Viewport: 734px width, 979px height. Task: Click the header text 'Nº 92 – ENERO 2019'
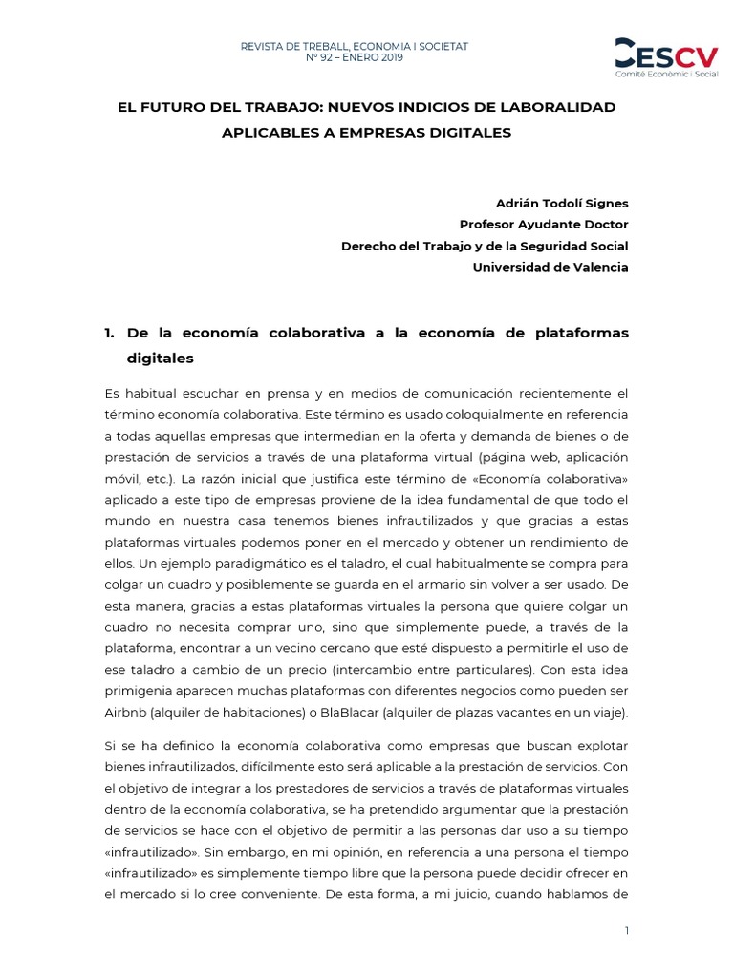pyautogui.click(x=354, y=58)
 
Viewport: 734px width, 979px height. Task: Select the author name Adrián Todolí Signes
pyautogui.click(x=562, y=202)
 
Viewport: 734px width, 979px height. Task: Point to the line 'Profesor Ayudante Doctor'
pyautogui.click(x=544, y=224)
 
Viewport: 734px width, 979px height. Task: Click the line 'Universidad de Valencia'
pyautogui.click(x=550, y=267)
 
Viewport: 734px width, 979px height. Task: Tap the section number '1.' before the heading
pyautogui.click(x=109, y=333)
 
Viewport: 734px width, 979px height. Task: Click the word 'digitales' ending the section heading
pyautogui.click(x=161, y=359)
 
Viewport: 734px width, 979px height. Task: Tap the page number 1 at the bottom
pyautogui.click(x=627, y=931)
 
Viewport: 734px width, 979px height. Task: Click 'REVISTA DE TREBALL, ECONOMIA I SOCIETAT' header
pyautogui.click(x=354, y=45)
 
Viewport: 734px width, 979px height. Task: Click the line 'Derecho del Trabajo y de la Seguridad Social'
pyautogui.click(x=485, y=246)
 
